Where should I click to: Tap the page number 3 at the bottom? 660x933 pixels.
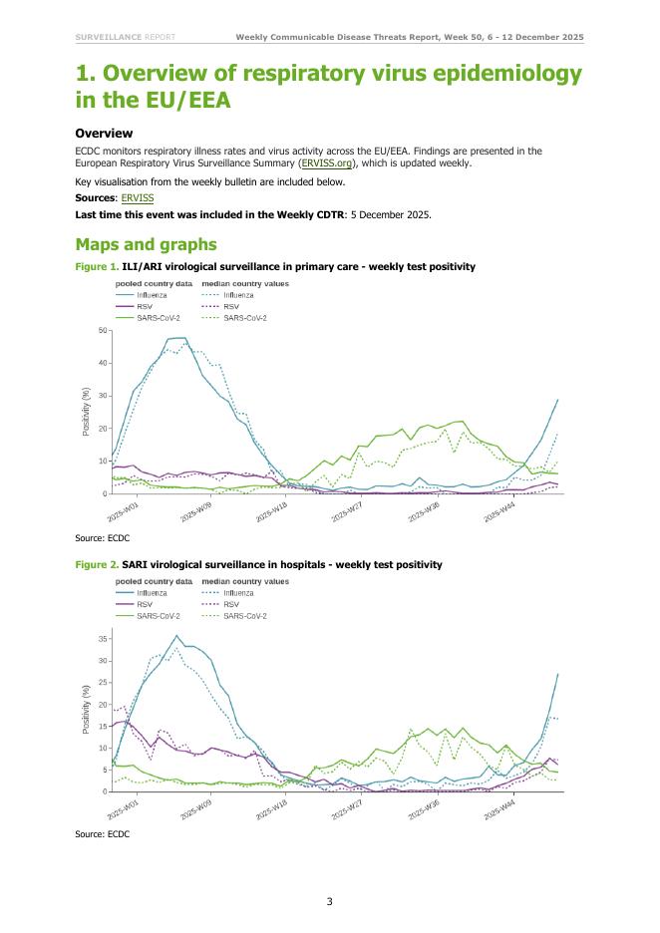pos(329,902)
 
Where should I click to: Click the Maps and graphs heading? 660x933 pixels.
pos(146,243)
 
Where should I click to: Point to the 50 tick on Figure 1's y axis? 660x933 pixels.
pos(103,330)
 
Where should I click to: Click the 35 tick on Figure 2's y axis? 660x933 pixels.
pos(103,640)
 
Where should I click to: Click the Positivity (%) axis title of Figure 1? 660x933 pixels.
pos(87,412)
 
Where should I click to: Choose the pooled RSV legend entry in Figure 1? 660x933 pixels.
pos(146,307)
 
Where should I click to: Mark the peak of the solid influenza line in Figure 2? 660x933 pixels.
pos(176,636)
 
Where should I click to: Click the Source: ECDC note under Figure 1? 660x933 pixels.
pos(103,538)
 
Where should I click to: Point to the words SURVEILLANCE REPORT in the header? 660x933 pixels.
pos(126,38)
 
